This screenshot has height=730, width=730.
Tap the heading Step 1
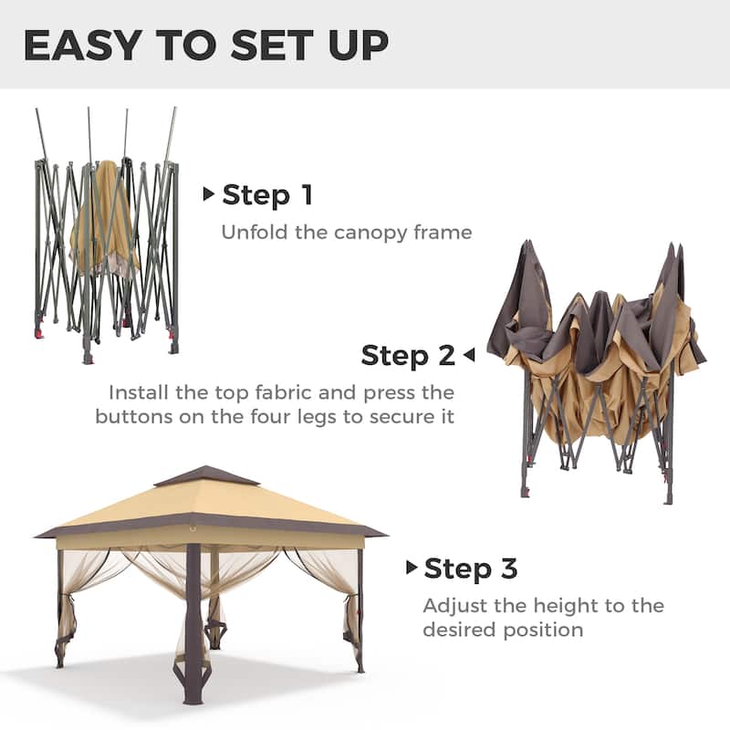(x=266, y=194)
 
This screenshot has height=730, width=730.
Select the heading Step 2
(x=408, y=355)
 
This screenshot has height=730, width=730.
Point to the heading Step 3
(x=470, y=568)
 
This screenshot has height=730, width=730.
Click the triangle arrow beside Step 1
(x=209, y=193)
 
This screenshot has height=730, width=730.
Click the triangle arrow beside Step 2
(x=468, y=354)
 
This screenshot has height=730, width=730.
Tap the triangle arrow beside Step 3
(x=412, y=568)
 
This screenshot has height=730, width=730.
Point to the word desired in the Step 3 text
(x=457, y=630)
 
